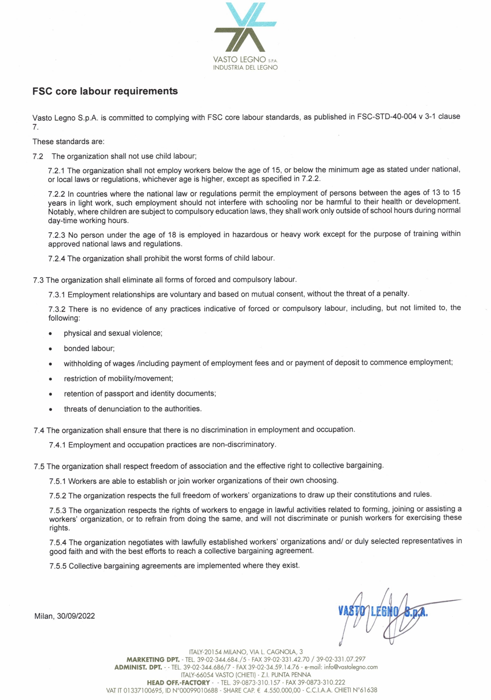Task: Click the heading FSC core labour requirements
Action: point(105,91)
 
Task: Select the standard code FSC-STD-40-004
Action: point(387,117)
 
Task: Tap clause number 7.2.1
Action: point(57,170)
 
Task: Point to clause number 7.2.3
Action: point(57,235)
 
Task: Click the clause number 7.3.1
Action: point(57,295)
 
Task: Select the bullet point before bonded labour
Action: point(50,349)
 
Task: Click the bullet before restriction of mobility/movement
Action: point(50,379)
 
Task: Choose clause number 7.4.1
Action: point(57,445)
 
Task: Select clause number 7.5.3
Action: point(58,510)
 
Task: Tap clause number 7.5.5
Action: point(58,566)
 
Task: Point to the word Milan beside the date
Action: point(44,616)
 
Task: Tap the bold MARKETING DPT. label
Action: point(153,659)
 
